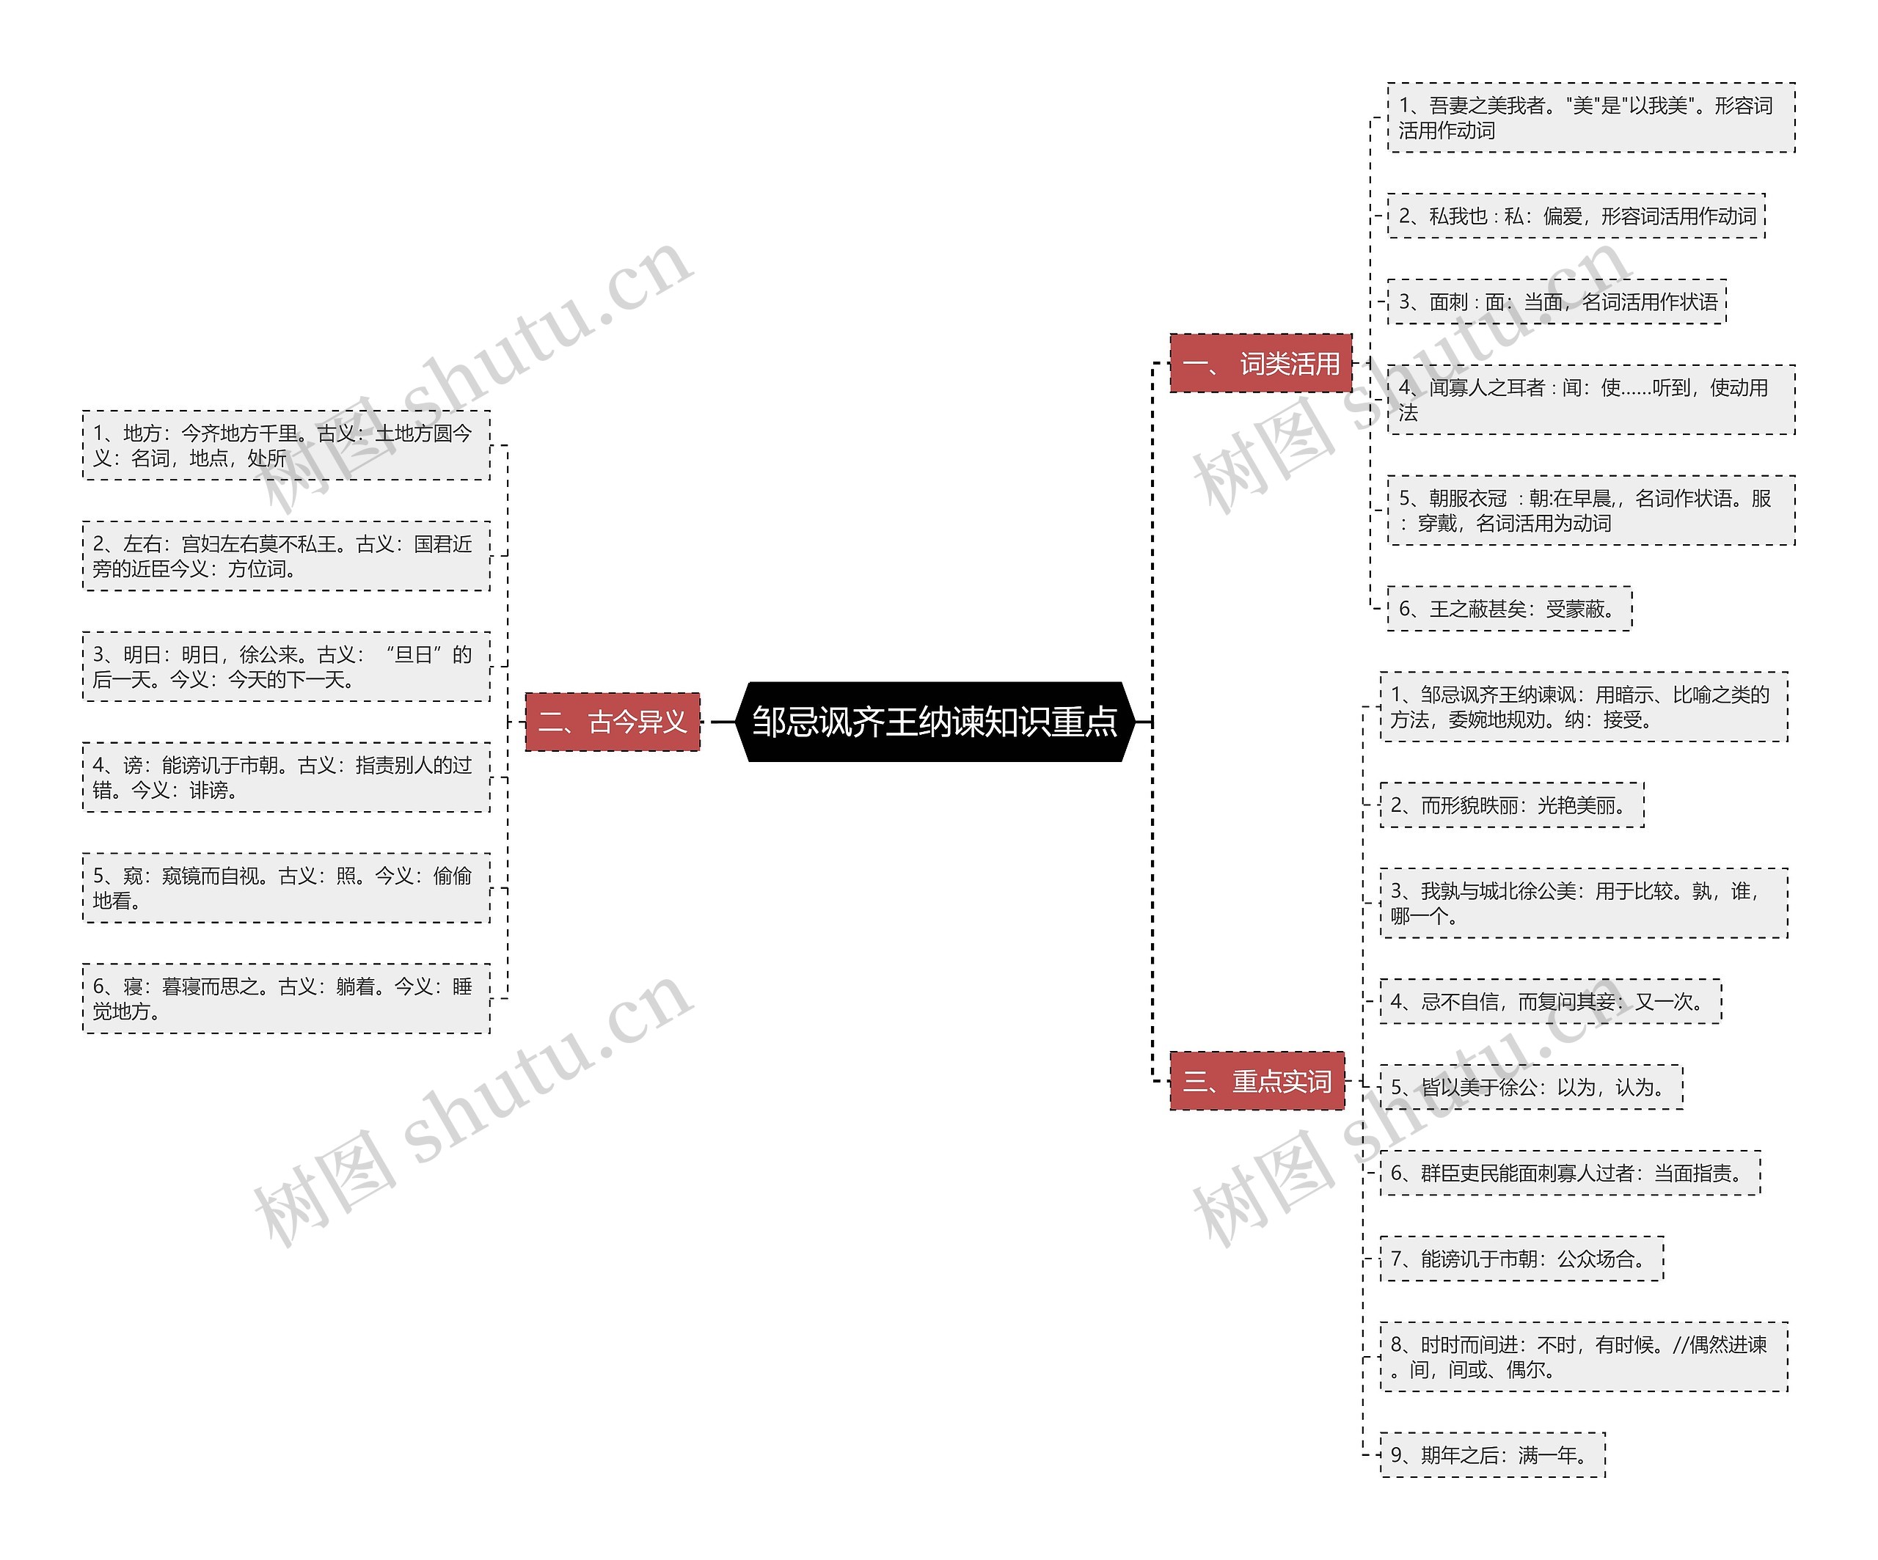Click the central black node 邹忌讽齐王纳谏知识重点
click(x=935, y=722)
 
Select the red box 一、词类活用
click(x=1260, y=363)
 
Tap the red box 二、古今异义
click(x=613, y=722)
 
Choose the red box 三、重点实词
click(x=1257, y=1081)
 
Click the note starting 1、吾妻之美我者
click(x=1590, y=118)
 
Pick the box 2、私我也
click(x=1576, y=216)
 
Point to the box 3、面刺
click(x=1556, y=301)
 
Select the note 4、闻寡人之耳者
click(x=1590, y=400)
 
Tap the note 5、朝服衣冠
click(x=1590, y=510)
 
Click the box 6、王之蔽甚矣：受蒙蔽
click(x=1509, y=609)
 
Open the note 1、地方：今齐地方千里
click(x=286, y=445)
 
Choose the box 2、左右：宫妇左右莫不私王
click(x=286, y=556)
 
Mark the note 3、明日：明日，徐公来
click(x=286, y=667)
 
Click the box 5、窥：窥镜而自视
click(x=286, y=887)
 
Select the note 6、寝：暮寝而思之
click(x=286, y=999)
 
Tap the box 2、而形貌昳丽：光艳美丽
click(x=1511, y=805)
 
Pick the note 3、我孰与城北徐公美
click(x=1583, y=903)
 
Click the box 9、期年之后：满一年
click(x=1491, y=1454)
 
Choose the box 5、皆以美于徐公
click(x=1531, y=1087)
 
